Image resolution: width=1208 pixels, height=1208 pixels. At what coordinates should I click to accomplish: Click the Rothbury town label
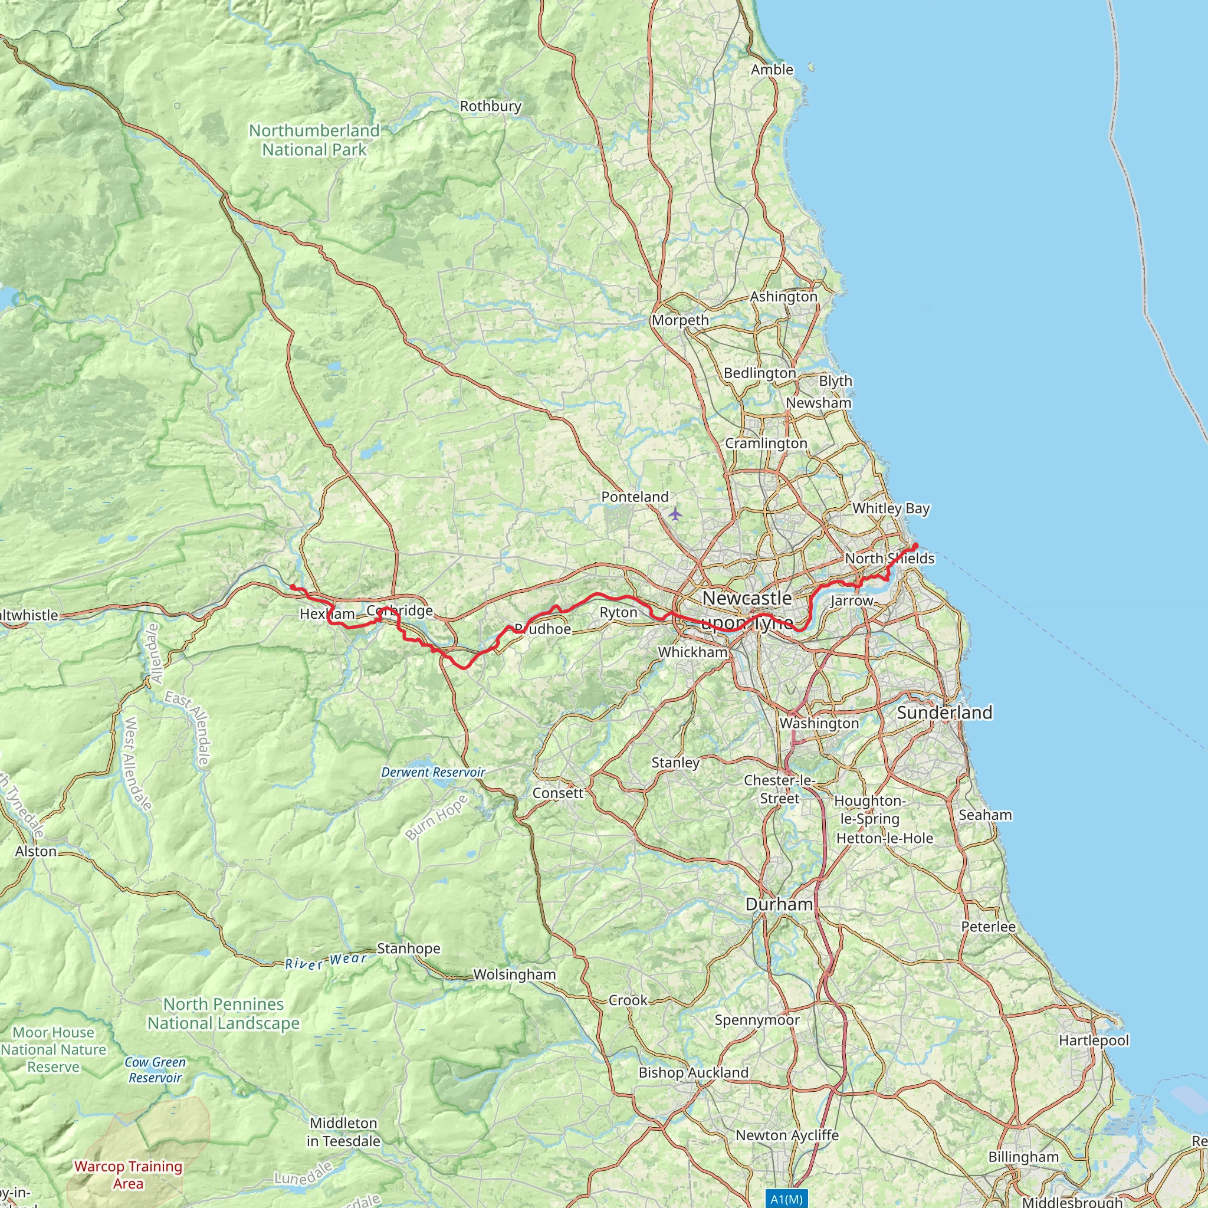click(x=490, y=106)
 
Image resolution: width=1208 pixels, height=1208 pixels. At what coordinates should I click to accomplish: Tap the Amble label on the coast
click(x=772, y=70)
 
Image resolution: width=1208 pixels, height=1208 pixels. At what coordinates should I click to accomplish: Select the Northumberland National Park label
click(x=314, y=140)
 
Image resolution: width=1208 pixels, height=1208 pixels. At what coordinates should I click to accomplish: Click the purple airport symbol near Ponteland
click(x=675, y=514)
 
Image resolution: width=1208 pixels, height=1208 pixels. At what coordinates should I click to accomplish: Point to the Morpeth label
click(x=680, y=320)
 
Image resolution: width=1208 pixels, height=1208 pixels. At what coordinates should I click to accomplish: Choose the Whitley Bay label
click(x=891, y=508)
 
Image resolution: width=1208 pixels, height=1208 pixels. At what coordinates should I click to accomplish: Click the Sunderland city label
click(x=944, y=713)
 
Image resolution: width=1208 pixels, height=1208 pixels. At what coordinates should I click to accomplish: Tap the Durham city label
click(x=779, y=905)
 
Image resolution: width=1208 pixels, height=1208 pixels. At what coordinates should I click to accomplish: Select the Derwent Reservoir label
click(x=434, y=773)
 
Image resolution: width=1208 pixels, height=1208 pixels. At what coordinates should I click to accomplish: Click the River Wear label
click(x=326, y=961)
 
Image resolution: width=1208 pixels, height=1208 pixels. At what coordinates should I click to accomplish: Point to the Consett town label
click(x=558, y=793)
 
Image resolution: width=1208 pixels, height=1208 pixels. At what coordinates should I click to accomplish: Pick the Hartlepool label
click(x=1094, y=1040)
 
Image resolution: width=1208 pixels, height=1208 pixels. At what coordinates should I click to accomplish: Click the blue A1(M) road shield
click(x=786, y=1199)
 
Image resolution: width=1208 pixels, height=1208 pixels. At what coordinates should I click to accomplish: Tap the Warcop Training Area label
click(x=128, y=1175)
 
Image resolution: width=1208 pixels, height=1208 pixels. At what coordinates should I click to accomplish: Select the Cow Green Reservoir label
click(x=155, y=1070)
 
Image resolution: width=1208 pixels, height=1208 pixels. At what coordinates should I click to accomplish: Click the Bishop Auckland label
click(x=694, y=1073)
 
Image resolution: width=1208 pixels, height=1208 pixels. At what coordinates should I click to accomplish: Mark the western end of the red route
click(x=292, y=586)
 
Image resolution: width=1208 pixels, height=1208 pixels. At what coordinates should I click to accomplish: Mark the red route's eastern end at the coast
click(x=915, y=546)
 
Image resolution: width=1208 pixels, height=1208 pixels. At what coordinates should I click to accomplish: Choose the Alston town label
click(x=35, y=852)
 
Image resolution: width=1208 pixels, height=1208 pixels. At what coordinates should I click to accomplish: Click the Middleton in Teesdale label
click(x=343, y=1132)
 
